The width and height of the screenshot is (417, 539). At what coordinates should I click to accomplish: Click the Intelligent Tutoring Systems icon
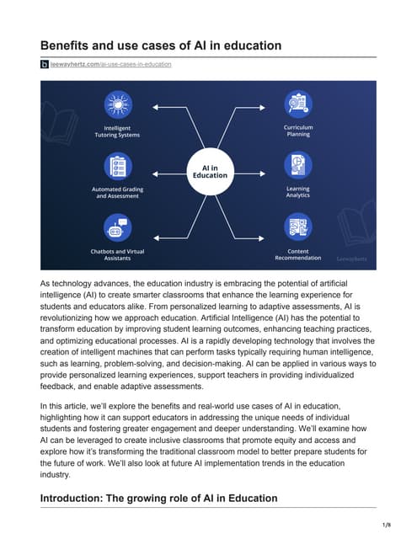(117, 104)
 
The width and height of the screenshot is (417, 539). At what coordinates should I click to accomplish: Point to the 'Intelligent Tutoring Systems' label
(116, 131)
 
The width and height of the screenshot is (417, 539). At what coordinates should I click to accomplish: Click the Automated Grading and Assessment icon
(117, 165)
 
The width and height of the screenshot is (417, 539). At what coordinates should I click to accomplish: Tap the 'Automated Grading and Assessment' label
(116, 193)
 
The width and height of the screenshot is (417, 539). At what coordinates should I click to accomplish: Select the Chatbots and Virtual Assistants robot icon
(117, 227)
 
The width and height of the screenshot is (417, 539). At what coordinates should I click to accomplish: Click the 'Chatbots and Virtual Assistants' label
(116, 255)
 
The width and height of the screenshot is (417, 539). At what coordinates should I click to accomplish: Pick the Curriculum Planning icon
(297, 104)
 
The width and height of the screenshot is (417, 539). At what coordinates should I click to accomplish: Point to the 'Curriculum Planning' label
(297, 131)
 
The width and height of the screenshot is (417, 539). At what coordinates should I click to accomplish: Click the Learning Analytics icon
(297, 165)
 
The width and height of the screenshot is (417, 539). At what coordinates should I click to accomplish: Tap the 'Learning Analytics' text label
(297, 193)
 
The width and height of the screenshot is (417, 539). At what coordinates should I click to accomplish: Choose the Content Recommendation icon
(297, 227)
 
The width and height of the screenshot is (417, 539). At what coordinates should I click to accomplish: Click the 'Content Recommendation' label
(297, 255)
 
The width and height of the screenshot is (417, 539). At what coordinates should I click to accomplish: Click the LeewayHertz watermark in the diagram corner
(351, 259)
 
